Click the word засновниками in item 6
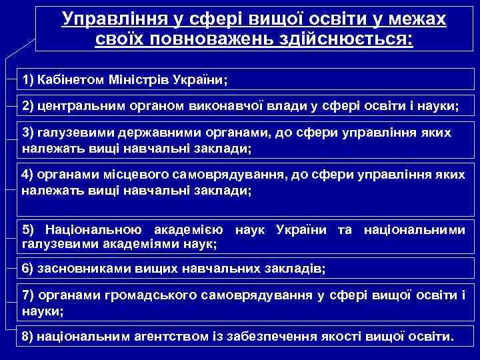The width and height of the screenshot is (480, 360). [x=82, y=269]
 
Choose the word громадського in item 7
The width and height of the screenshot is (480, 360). [x=145, y=295]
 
